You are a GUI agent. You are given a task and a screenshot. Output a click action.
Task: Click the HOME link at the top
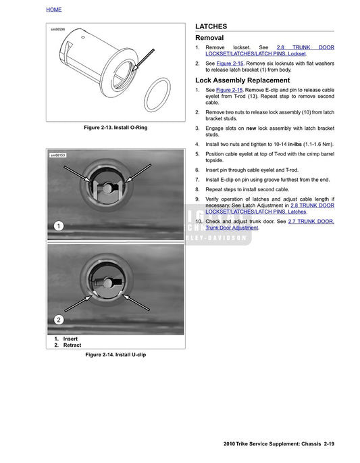point(54,9)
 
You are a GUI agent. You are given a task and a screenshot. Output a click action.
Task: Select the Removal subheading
point(209,38)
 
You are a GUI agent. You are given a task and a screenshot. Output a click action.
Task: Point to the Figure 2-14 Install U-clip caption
point(115,354)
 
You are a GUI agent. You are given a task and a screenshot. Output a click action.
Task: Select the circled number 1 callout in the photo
point(59,226)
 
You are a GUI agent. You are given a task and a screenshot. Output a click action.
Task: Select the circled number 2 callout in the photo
point(59,319)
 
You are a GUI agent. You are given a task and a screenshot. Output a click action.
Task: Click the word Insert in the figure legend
point(70,339)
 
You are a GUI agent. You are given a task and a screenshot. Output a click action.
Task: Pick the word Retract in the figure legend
point(72,345)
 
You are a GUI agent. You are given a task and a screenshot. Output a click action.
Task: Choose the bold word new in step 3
point(251,128)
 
